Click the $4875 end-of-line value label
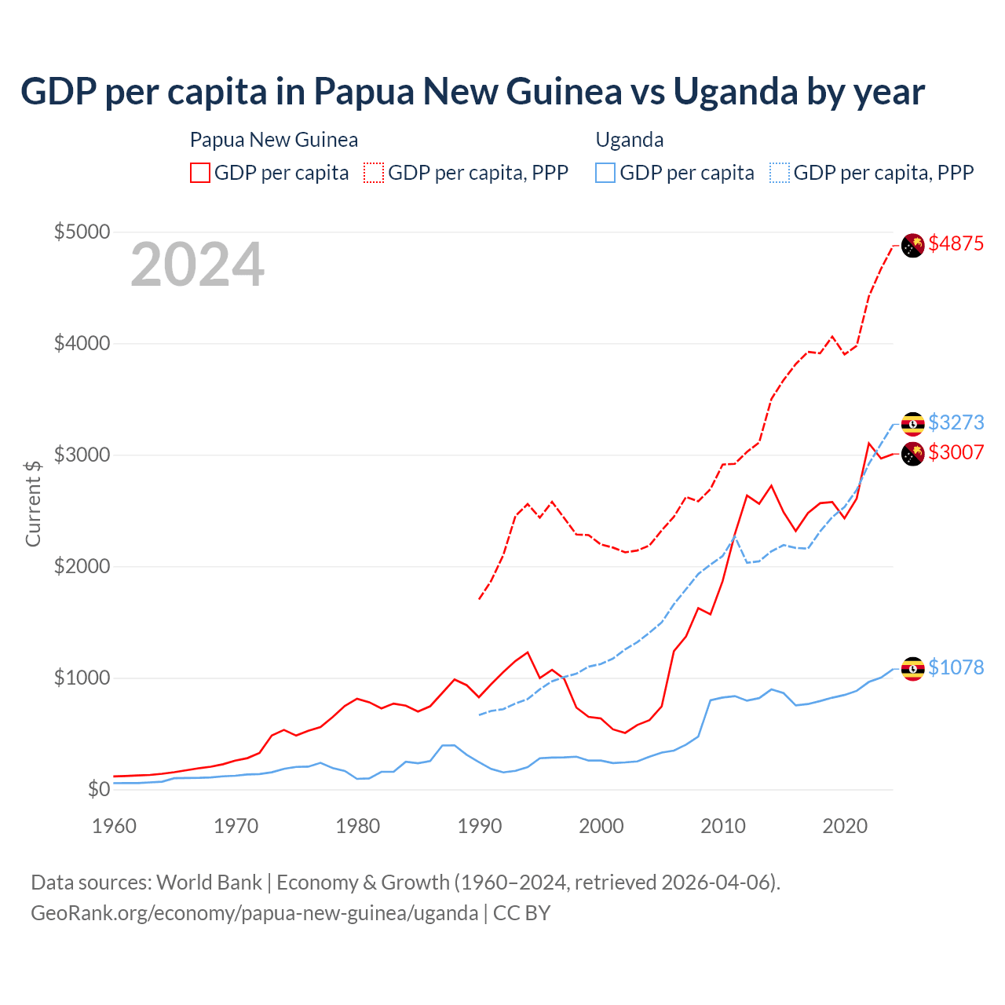tap(956, 243)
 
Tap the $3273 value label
tap(956, 422)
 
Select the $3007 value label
tap(956, 452)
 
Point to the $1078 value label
tap(956, 667)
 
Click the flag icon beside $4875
tap(912, 246)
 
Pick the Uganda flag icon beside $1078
tap(912, 669)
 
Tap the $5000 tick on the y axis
tap(82, 232)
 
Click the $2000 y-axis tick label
tap(82, 566)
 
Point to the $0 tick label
tap(98, 789)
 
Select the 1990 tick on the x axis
tap(480, 826)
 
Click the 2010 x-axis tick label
tap(723, 826)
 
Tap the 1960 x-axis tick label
tap(115, 826)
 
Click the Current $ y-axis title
tap(33, 502)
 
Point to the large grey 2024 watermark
tap(197, 265)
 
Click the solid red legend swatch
tap(200, 173)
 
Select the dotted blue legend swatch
tap(780, 173)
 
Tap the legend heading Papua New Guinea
tap(274, 140)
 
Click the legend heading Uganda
tap(630, 140)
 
